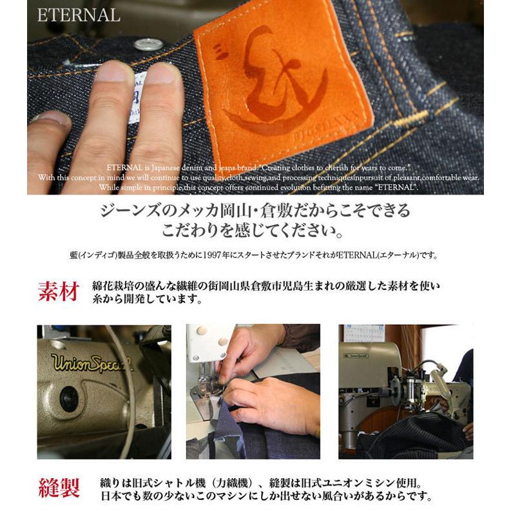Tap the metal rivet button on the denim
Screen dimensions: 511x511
148,44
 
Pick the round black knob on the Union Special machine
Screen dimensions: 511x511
69,399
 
